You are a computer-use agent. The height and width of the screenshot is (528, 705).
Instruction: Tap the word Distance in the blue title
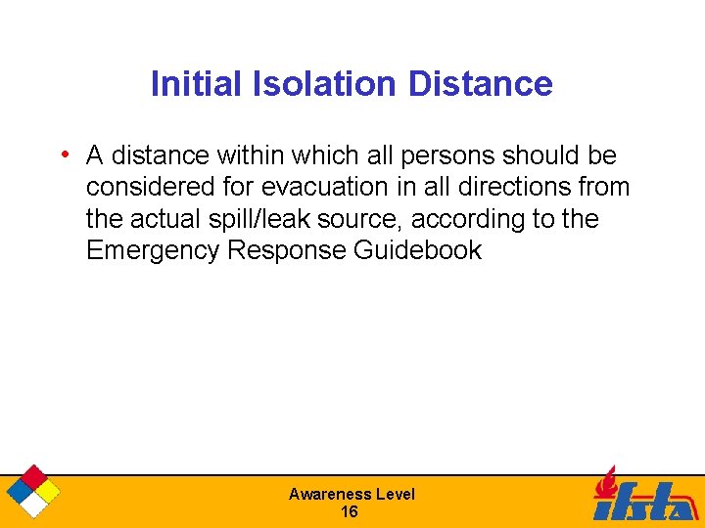480,84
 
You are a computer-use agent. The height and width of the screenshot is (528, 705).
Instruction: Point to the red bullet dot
64,154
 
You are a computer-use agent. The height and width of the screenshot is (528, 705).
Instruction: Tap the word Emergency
153,250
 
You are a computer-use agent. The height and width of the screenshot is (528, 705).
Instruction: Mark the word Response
287,250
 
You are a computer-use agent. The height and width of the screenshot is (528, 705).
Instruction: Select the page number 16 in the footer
350,512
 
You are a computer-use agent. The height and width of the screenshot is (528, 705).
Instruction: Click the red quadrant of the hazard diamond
32,476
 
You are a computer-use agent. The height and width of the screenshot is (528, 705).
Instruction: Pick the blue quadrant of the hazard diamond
19,490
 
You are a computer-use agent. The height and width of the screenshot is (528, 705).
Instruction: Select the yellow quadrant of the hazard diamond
46,490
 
